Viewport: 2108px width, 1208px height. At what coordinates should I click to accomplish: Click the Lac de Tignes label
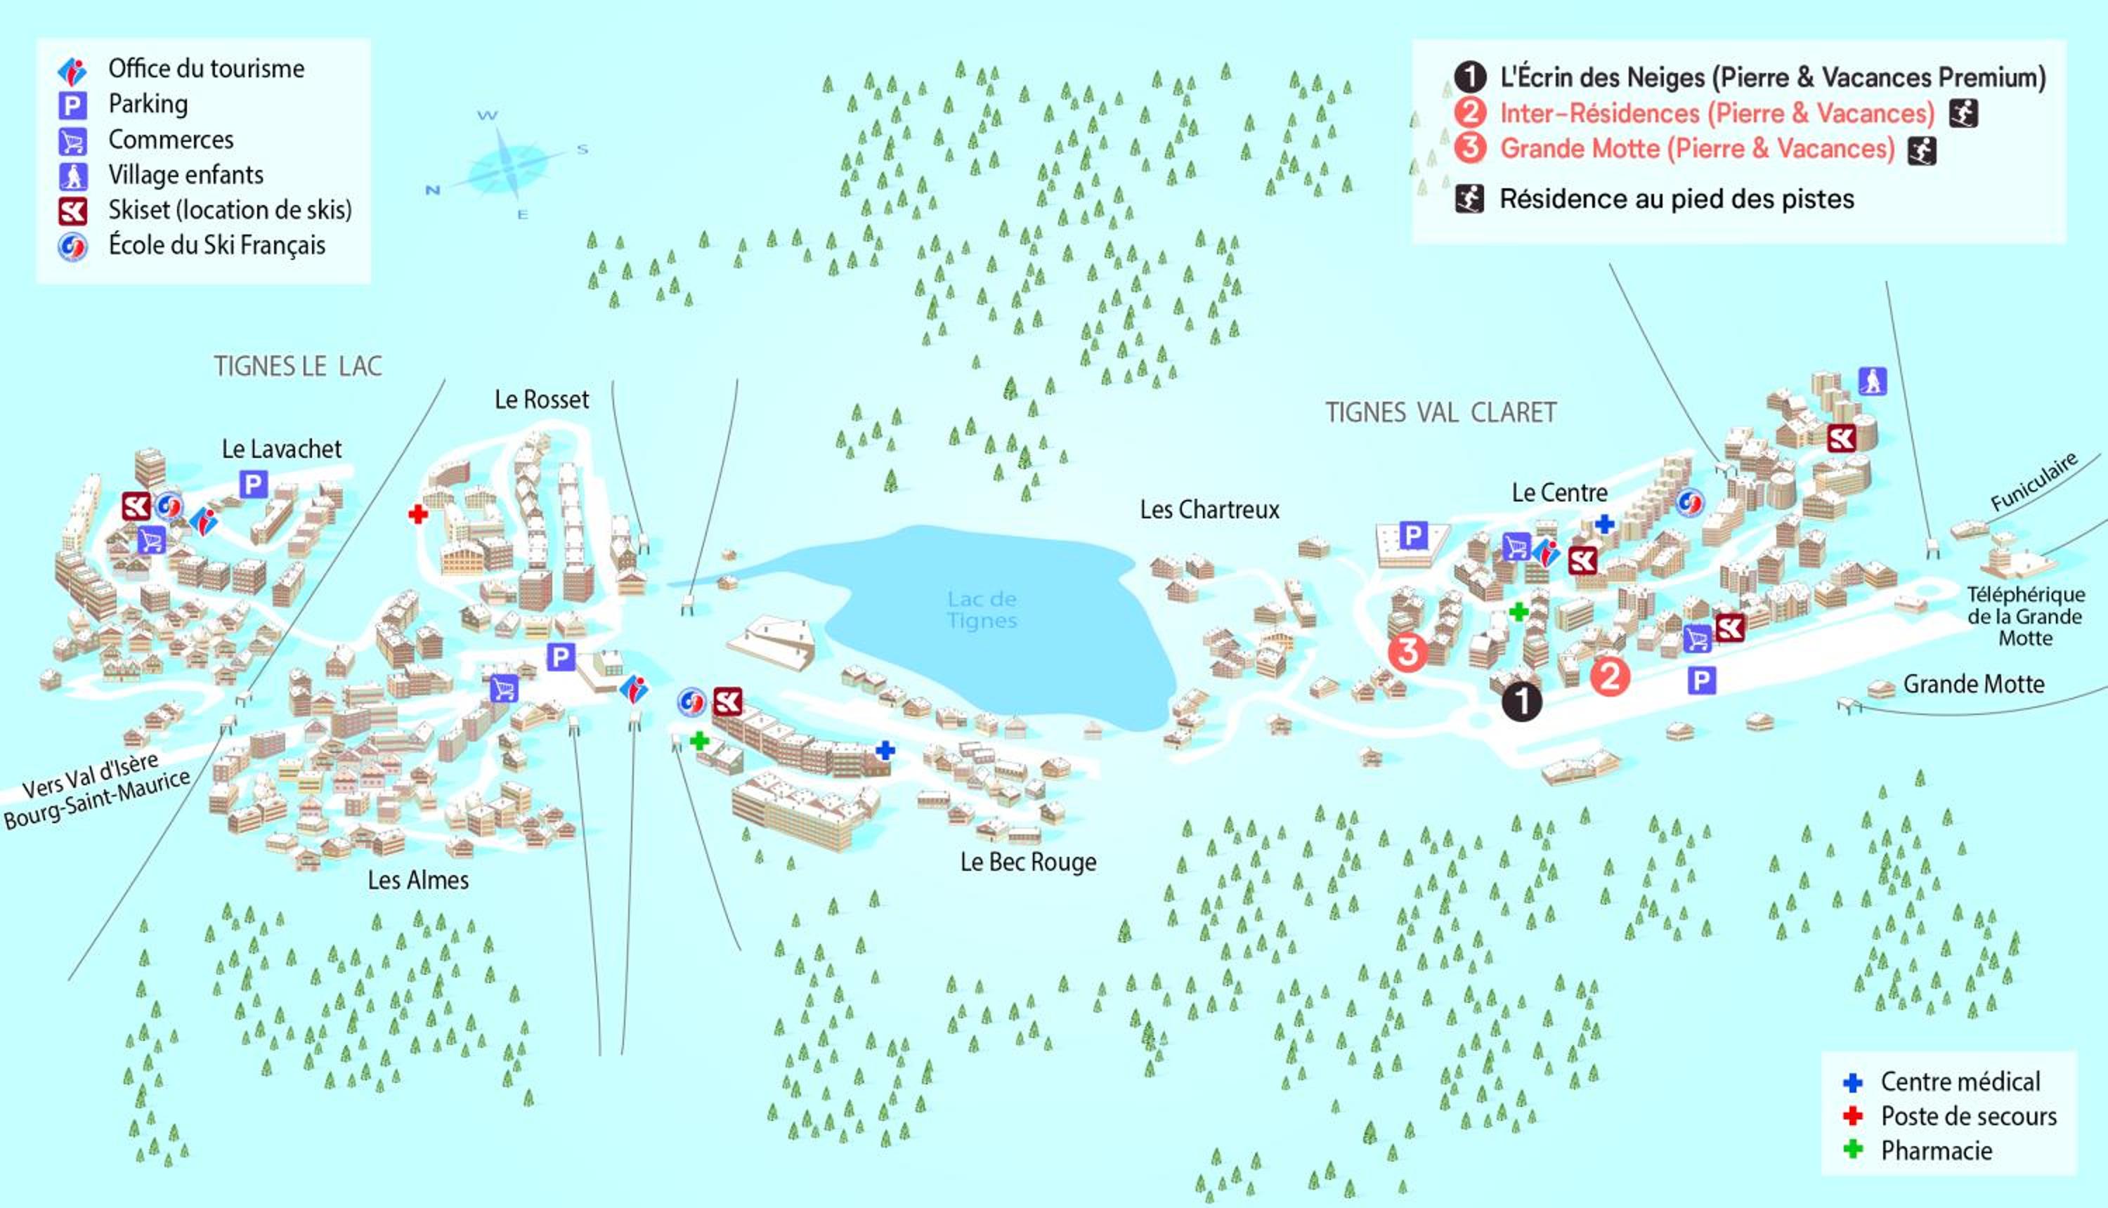pos(982,610)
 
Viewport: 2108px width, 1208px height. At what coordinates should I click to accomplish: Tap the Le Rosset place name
pos(542,400)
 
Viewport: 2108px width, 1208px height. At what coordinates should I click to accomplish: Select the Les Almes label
pos(418,879)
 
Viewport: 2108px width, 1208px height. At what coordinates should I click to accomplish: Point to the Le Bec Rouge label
pos(1028,862)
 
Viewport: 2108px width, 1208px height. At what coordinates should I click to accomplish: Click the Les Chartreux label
pos(1209,509)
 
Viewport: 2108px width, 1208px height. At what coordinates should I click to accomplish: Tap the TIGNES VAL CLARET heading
pos(1440,412)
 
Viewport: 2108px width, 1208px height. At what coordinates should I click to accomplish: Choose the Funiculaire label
pos(2034,482)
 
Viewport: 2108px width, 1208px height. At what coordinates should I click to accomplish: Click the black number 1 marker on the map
pos(1522,702)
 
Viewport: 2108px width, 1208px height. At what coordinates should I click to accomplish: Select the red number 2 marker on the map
pos(1610,676)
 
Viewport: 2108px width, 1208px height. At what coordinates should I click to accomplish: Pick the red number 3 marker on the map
pos(1408,652)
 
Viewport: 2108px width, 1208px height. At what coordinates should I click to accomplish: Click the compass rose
pos(507,164)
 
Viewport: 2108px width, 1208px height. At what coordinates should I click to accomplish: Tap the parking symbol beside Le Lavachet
pos(253,484)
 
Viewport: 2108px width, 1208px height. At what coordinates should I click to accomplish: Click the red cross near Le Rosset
pos(418,514)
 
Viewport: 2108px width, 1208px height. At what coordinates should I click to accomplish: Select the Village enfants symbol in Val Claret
pos(1873,381)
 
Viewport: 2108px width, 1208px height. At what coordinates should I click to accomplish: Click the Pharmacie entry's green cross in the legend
pos(1852,1150)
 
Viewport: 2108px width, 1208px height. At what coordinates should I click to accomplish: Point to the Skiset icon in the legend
pos(72,211)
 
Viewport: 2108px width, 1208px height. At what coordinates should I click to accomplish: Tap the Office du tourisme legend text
pos(207,69)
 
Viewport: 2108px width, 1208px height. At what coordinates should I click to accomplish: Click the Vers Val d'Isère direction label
pos(91,776)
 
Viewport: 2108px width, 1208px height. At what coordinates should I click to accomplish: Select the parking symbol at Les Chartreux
pos(1412,535)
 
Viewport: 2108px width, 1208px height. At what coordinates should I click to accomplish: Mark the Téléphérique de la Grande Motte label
pos(2025,617)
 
